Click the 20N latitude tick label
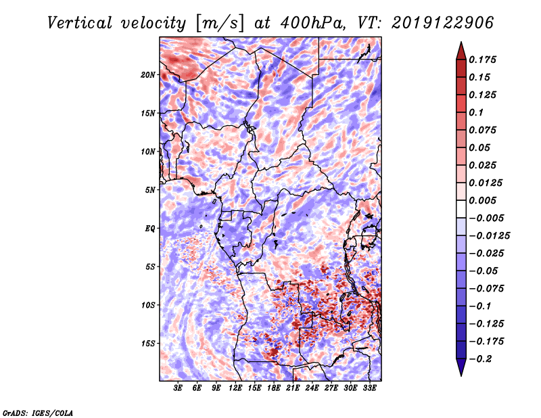(x=148, y=74)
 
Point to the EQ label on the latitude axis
(x=150, y=228)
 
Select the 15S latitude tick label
(x=148, y=343)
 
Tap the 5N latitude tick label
(x=150, y=189)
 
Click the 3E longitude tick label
(x=179, y=389)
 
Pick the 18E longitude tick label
(x=274, y=389)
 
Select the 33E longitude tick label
(x=369, y=389)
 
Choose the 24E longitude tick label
(x=312, y=389)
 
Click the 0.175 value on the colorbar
(x=484, y=60)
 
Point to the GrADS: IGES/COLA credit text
(x=38, y=411)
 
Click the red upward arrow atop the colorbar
(x=461, y=49)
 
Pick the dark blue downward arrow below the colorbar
(x=461, y=368)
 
